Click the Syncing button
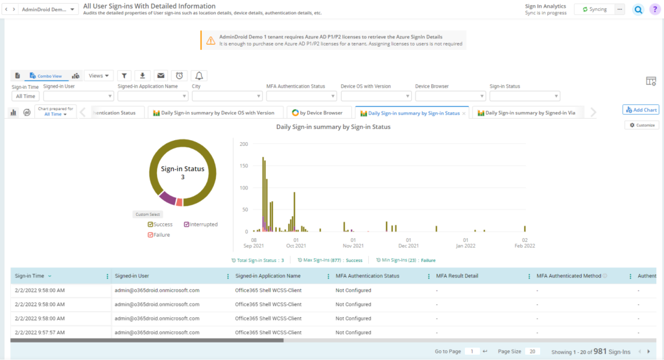coord(595,10)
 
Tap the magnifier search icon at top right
coord(638,10)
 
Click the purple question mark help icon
coord(654,10)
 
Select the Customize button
coord(642,125)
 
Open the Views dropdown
coord(99,76)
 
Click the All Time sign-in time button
coord(25,96)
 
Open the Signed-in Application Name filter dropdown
coord(152,96)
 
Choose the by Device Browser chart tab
coord(318,113)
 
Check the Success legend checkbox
coord(150,224)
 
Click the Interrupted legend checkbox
coord(187,224)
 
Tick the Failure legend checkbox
coord(150,235)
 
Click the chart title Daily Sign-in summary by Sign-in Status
coord(333,127)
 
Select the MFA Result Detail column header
coord(457,276)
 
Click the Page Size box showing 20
coord(531,351)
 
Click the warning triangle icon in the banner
coord(211,40)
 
